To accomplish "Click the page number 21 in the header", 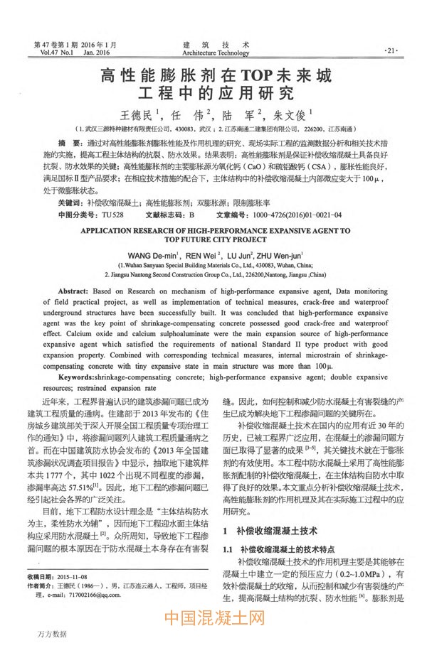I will tap(391, 51).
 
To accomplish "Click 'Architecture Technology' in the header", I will tap(216, 52).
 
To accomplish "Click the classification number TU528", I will tap(113, 214).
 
